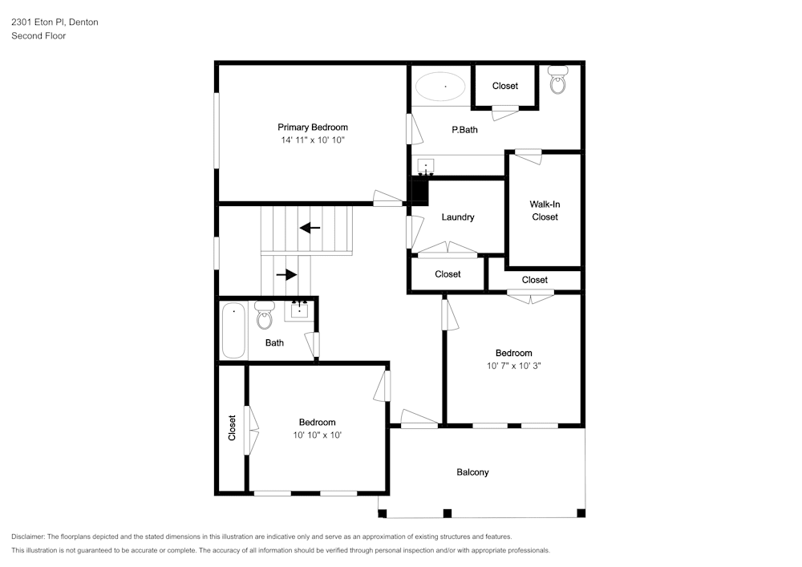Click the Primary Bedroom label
313,128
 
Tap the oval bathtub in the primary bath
440,87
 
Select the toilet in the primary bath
558,79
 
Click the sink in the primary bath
426,167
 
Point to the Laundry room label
458,217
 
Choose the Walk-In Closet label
545,211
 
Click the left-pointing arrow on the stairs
310,228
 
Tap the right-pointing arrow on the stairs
286,274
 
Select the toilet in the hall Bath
265,315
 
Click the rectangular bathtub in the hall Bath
233,330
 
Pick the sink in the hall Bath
299,310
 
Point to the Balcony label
472,472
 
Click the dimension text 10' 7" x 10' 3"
513,366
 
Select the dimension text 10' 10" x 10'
317,435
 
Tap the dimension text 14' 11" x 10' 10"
313,140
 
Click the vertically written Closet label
232,428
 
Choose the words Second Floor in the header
38,36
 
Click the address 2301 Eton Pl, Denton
55,22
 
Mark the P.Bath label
464,130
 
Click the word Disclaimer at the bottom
28,537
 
